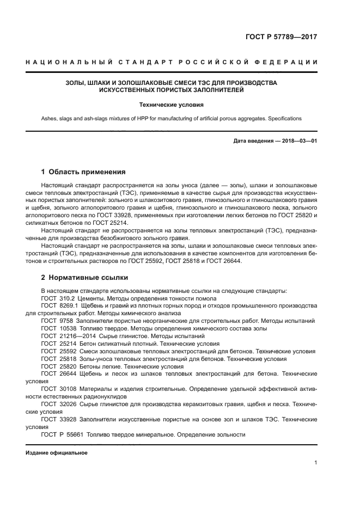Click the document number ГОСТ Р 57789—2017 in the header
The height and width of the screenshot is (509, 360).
coord(280,38)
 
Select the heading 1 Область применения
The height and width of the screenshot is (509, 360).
coord(83,171)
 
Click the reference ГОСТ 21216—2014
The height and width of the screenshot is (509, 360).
coord(65,336)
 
